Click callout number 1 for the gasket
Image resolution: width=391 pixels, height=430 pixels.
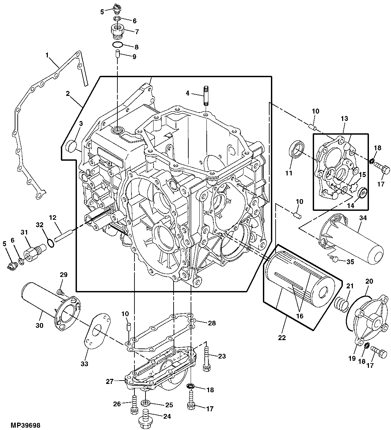[47, 55]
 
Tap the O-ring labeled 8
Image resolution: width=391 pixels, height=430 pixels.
[117, 45]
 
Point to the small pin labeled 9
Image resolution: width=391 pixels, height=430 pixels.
[117, 53]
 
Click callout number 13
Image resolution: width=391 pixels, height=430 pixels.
[345, 119]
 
